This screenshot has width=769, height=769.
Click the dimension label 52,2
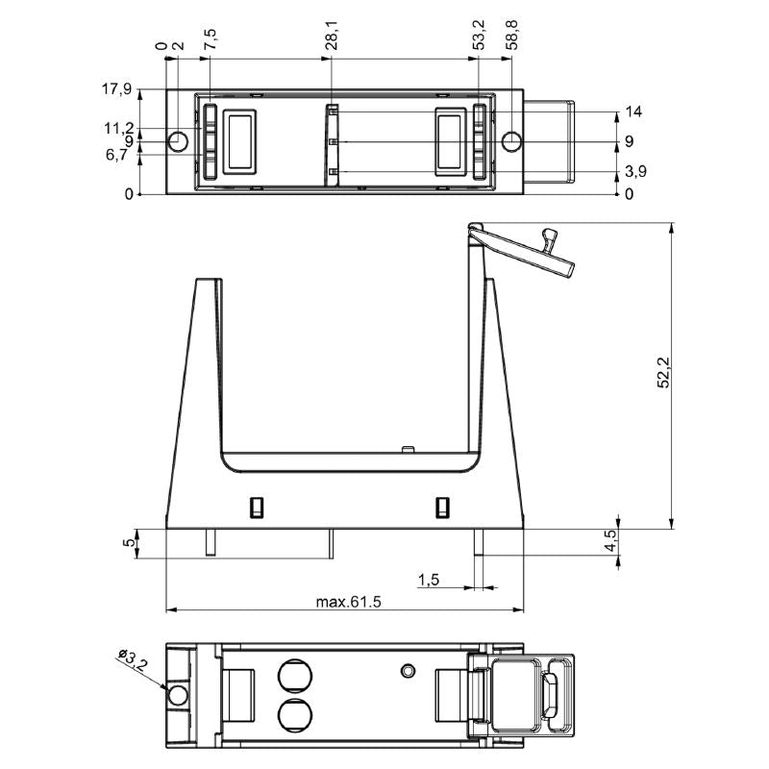click(663, 373)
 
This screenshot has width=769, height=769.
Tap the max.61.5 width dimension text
click(348, 602)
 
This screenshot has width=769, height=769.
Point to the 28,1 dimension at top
click(332, 36)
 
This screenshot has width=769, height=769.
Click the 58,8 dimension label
click(512, 36)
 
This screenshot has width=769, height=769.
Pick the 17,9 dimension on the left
click(116, 89)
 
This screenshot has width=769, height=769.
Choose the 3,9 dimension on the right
click(635, 172)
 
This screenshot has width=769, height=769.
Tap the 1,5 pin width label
click(428, 581)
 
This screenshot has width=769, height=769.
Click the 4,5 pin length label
click(610, 540)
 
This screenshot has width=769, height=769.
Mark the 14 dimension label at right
click(633, 112)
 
